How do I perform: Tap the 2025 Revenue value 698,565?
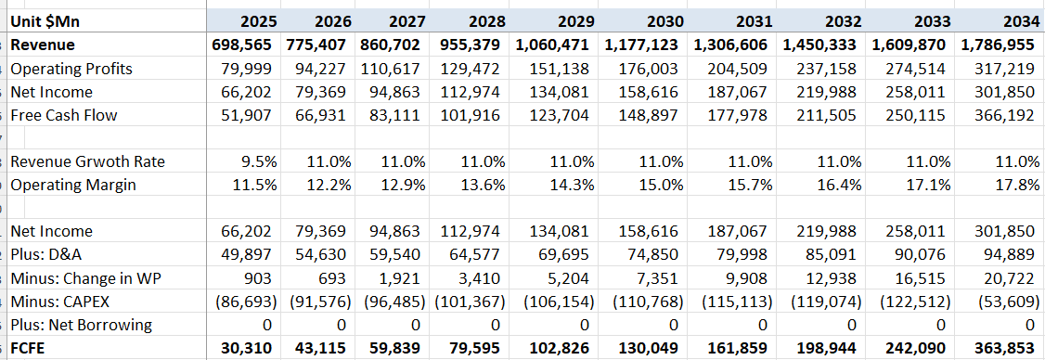[x=245, y=45]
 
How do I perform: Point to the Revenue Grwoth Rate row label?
[x=87, y=161]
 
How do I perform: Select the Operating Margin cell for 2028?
[x=482, y=185]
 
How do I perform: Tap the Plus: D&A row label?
[x=51, y=255]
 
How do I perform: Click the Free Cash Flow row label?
[x=65, y=115]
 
